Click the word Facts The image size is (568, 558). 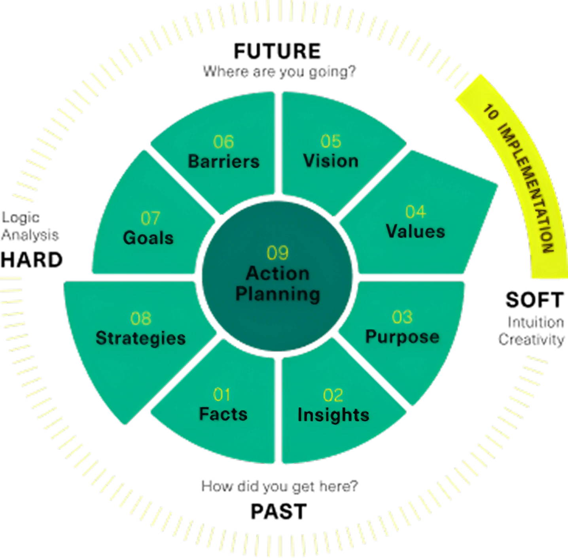(x=223, y=414)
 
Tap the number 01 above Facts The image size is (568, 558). (x=222, y=394)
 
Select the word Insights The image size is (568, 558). (x=333, y=415)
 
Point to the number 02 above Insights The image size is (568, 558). (x=333, y=395)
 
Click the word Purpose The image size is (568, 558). (x=402, y=337)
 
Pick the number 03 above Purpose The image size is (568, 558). (x=402, y=317)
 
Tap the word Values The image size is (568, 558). (x=415, y=232)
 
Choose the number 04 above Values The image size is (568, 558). (x=415, y=212)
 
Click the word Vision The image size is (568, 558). (x=331, y=161)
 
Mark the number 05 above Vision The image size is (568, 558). (x=331, y=141)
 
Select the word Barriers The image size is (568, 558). (x=223, y=161)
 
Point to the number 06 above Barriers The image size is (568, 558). (x=223, y=142)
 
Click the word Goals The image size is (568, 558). (x=148, y=238)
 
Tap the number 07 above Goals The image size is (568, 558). (x=150, y=218)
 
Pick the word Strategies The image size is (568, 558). (x=140, y=338)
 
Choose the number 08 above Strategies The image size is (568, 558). (x=141, y=319)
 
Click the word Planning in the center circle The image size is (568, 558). (x=278, y=294)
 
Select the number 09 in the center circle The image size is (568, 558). (x=278, y=253)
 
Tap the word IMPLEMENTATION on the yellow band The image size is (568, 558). (x=526, y=190)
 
